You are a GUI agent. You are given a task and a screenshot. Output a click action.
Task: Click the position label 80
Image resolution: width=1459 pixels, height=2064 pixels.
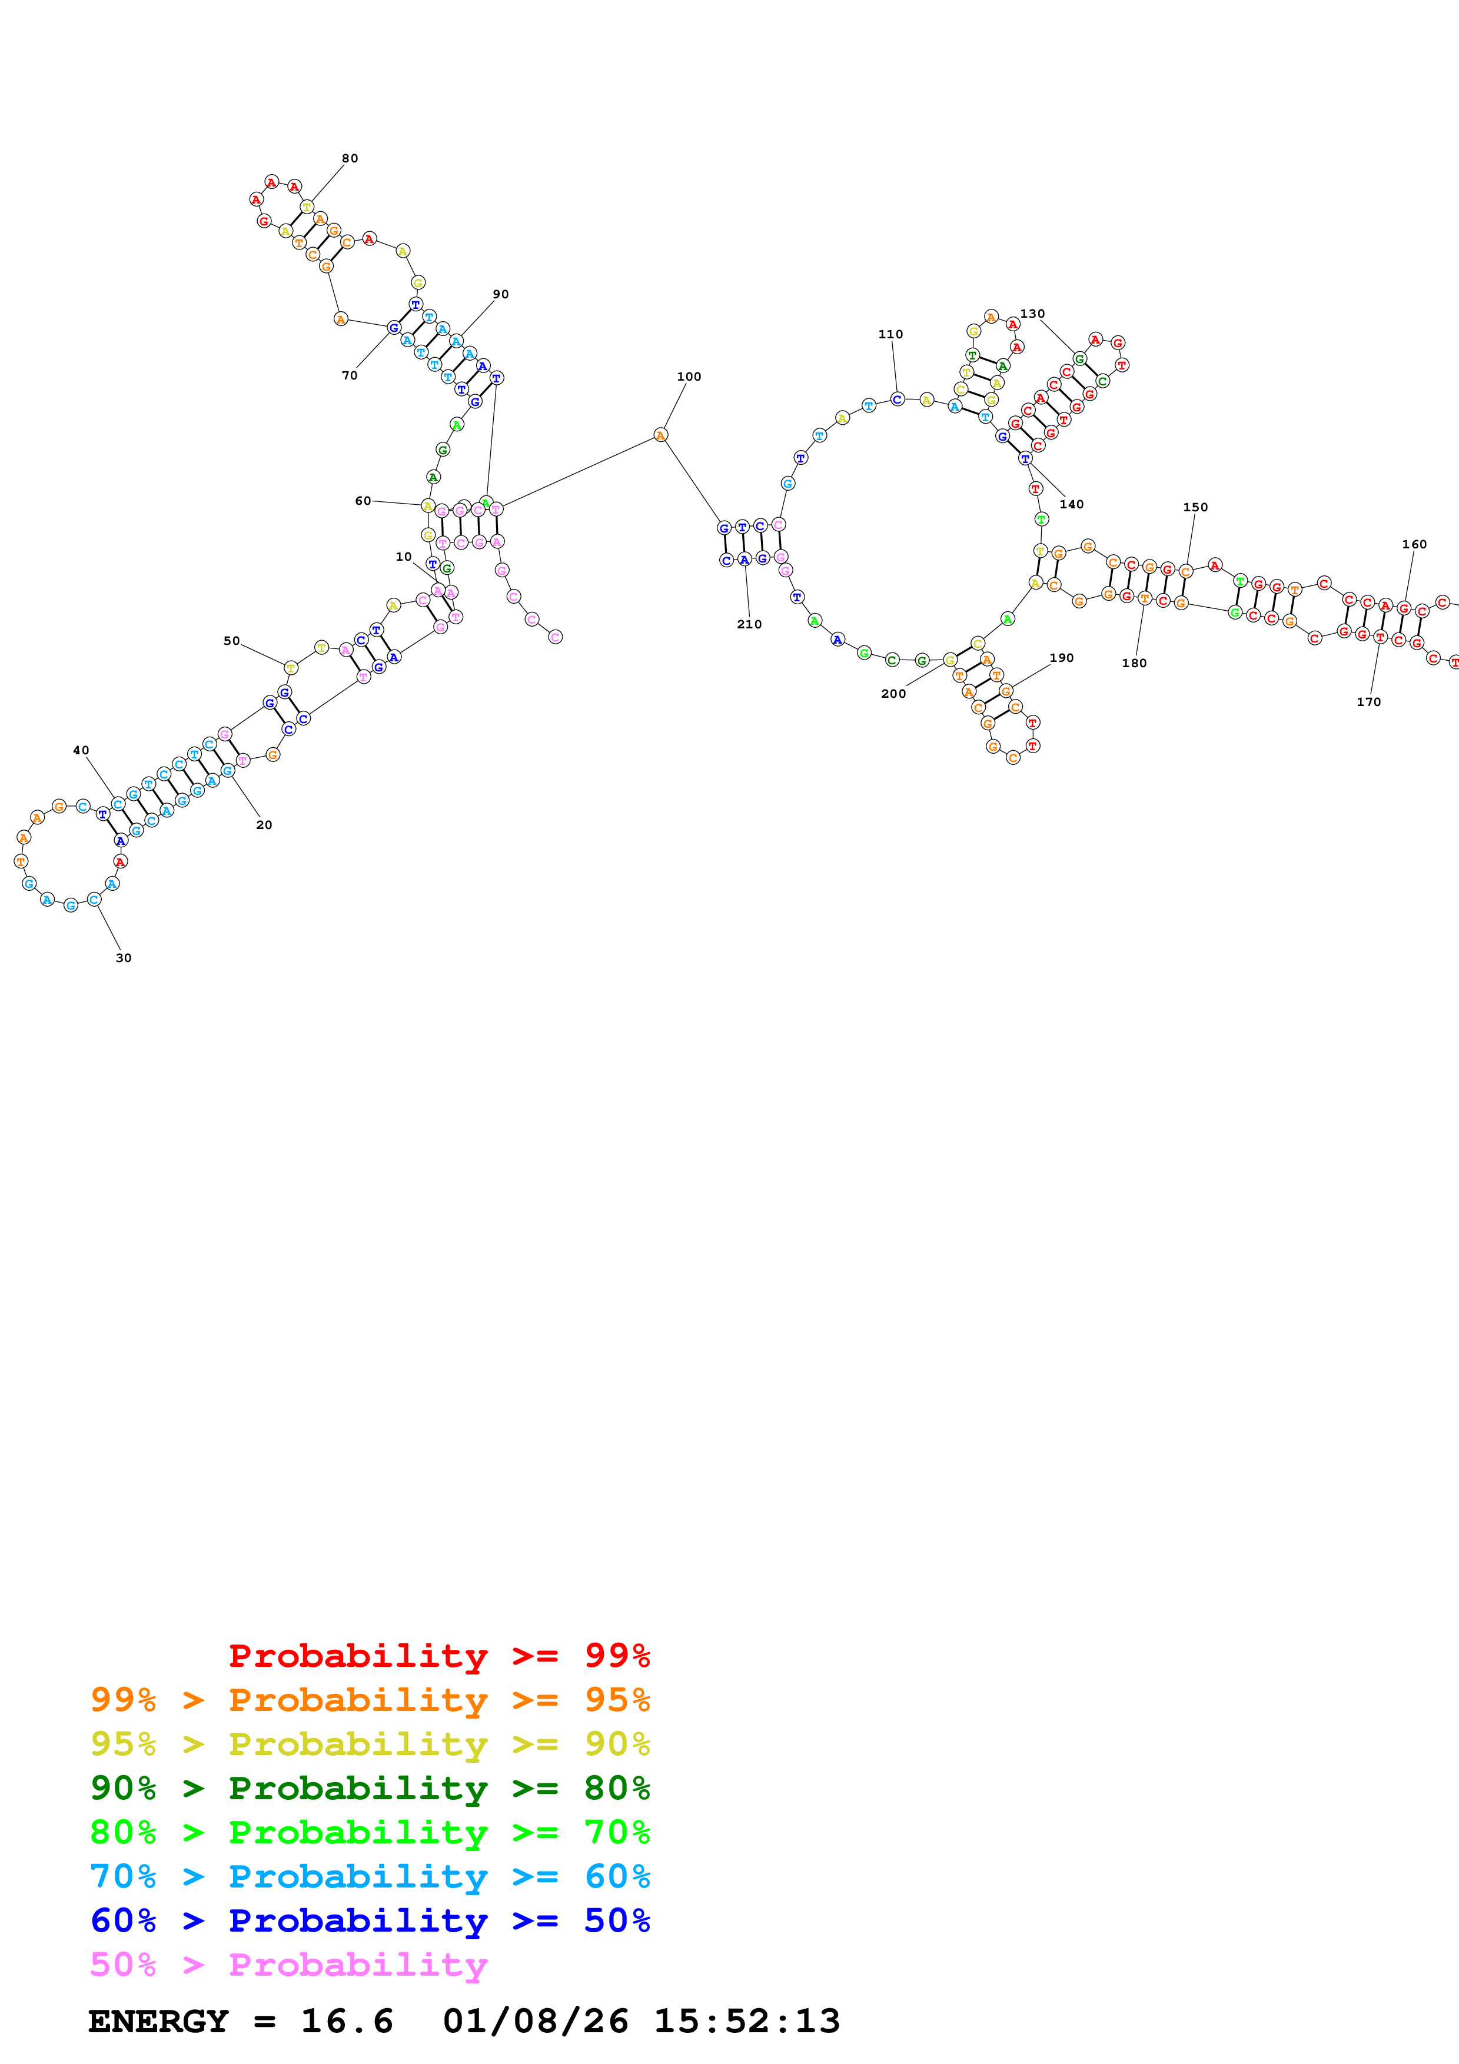[350, 159]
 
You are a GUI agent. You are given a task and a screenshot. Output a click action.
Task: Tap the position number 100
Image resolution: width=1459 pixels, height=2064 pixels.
[689, 377]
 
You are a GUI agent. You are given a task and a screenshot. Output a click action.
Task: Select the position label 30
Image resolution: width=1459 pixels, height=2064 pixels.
[123, 958]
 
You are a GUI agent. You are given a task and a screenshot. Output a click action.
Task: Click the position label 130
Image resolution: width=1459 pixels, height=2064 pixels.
[1032, 314]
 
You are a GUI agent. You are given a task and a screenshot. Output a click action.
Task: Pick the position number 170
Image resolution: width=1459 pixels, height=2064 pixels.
[1368, 702]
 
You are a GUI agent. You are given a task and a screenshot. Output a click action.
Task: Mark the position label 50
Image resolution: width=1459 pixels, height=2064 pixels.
[231, 641]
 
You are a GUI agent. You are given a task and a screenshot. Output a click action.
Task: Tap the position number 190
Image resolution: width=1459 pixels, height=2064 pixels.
[1062, 658]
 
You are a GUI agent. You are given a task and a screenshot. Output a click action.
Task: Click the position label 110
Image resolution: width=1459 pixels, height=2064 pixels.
[890, 334]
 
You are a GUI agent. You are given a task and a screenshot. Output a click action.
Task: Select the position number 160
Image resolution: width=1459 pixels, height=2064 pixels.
[1414, 545]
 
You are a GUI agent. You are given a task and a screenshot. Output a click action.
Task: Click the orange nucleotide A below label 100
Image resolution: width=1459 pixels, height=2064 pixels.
[661, 435]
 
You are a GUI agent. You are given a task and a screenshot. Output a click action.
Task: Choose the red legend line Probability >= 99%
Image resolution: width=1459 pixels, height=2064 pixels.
[438, 1655]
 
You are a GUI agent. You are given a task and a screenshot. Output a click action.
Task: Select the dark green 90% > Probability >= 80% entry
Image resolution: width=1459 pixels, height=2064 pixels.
[370, 1788]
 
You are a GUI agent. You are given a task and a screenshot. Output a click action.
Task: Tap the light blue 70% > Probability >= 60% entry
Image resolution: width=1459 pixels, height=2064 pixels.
[370, 1876]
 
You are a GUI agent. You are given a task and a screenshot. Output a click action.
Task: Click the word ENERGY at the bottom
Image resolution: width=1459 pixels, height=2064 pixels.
[158, 2022]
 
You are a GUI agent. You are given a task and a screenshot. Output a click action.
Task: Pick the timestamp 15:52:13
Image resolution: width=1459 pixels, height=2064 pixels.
[746, 2022]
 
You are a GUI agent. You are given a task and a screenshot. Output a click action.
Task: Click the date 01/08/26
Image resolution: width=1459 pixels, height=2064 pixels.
[536, 2022]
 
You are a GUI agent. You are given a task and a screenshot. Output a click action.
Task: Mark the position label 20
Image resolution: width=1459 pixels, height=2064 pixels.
[264, 825]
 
